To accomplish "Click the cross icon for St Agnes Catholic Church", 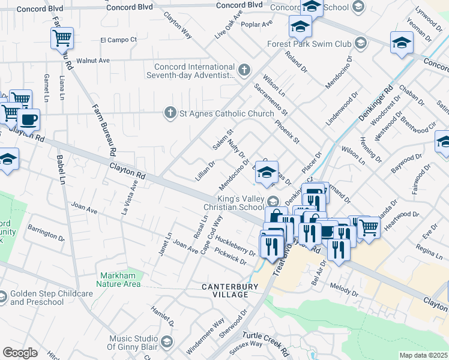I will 170,112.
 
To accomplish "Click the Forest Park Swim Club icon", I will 360,43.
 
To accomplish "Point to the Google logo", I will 20,352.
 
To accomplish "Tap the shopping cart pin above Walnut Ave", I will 62,38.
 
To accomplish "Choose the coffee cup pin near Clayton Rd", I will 28,119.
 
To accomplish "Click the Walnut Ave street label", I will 97,61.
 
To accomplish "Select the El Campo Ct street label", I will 118,40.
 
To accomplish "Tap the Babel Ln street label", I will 60,170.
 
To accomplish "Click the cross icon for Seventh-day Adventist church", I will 244,71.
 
